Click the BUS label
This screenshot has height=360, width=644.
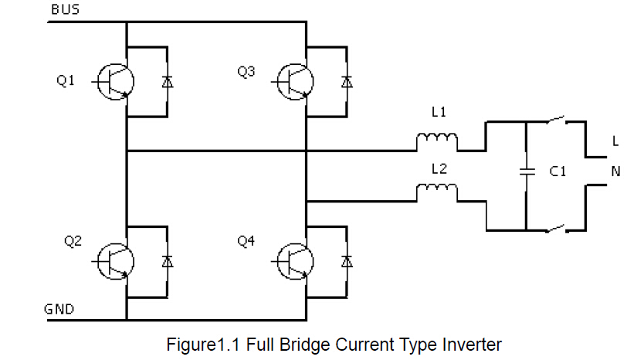(64, 9)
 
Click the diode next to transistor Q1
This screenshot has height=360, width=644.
(167, 82)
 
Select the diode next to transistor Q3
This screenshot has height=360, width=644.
(347, 82)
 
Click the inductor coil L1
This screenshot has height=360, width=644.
(437, 142)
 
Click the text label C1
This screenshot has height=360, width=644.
(558, 173)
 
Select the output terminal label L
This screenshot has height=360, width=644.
(615, 142)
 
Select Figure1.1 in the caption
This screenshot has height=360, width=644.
(202, 344)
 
